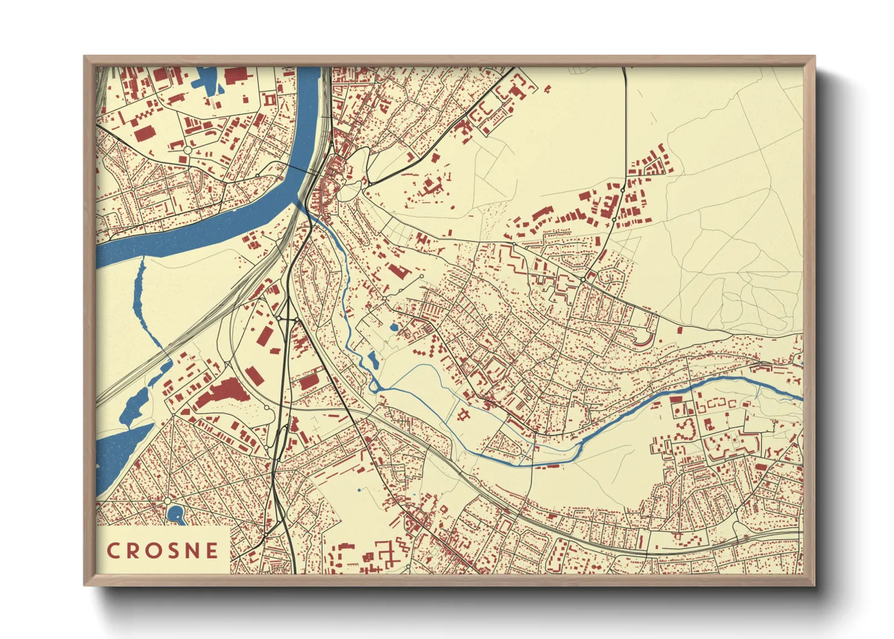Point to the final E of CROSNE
click(211, 550)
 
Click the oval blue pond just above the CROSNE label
click(175, 515)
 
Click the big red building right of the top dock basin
click(236, 75)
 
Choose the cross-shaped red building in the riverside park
click(464, 414)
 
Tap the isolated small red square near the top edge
click(547, 89)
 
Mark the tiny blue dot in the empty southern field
click(359, 490)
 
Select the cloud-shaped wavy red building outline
click(685, 429)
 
